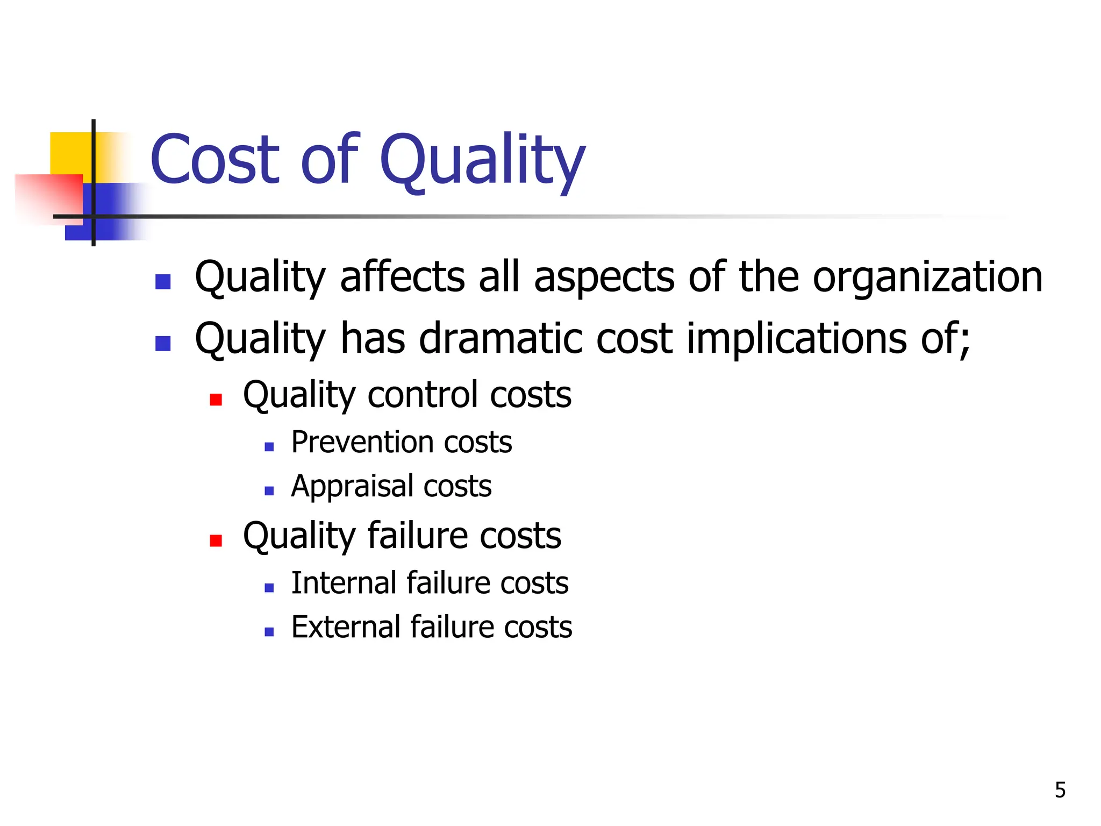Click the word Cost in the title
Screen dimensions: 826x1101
[x=215, y=160]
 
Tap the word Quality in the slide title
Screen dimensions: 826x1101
[x=482, y=160]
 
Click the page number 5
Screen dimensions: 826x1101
[x=1060, y=790]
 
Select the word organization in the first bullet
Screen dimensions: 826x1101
[x=927, y=277]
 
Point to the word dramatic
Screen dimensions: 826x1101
[x=501, y=339]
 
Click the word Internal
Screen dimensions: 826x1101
[x=344, y=583]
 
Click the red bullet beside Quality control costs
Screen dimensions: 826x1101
[x=216, y=400]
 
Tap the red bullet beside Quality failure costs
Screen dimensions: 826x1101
[x=216, y=540]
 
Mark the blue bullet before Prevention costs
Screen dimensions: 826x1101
[x=269, y=447]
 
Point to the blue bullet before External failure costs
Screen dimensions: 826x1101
[x=269, y=632]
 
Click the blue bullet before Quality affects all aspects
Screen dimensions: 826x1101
[x=163, y=282]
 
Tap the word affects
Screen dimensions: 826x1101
[x=403, y=277]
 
